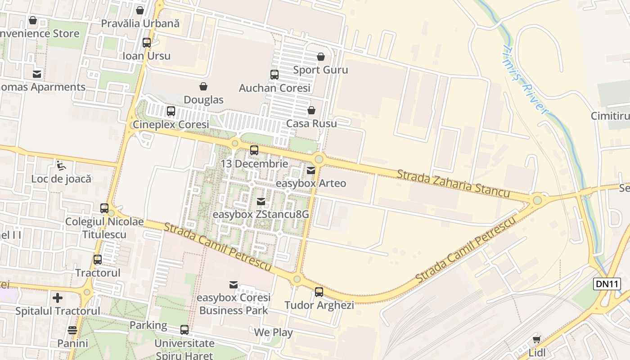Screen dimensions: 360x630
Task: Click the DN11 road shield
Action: (x=607, y=283)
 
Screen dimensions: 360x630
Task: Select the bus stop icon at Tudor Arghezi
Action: (x=319, y=292)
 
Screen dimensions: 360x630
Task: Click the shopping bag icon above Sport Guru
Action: (x=320, y=57)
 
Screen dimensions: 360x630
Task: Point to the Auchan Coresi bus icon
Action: (x=274, y=75)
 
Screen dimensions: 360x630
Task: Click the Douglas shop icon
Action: (x=203, y=86)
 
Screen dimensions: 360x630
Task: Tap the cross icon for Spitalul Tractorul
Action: (x=58, y=298)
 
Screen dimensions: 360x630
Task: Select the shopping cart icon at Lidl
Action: (x=536, y=339)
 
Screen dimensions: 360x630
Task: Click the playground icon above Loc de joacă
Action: (x=61, y=166)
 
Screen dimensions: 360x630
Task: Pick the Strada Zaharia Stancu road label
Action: (x=453, y=184)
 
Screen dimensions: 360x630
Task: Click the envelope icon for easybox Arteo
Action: (x=310, y=171)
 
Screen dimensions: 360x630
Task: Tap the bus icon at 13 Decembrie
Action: (x=254, y=150)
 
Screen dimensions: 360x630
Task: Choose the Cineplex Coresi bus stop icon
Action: (x=171, y=111)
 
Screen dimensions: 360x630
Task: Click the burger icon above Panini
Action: (x=72, y=330)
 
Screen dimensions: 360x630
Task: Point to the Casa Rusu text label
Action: (x=311, y=123)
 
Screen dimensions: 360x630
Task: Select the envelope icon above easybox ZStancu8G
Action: (x=261, y=202)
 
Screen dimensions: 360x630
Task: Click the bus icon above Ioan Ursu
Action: (x=147, y=43)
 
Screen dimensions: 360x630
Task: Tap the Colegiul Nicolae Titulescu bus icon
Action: (x=104, y=208)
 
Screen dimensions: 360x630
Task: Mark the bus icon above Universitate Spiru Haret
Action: (x=184, y=330)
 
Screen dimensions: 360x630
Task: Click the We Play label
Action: (x=273, y=333)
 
